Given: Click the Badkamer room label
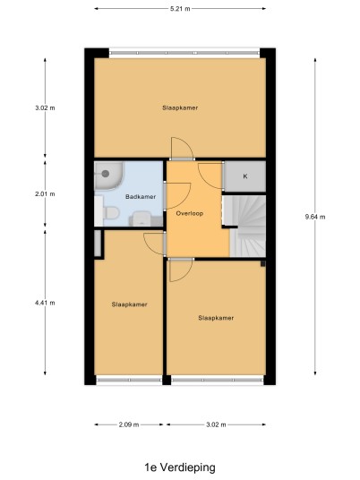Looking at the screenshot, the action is click(141, 196).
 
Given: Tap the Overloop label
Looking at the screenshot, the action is click(190, 213).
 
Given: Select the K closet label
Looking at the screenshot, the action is click(244, 176).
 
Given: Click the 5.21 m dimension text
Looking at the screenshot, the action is click(180, 9).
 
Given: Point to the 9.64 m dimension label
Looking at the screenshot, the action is click(315, 217).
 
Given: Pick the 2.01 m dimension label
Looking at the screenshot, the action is click(45, 193).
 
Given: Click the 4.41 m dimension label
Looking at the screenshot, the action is click(45, 303).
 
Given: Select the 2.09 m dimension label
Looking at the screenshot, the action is click(129, 424).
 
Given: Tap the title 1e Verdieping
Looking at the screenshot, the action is click(180, 467).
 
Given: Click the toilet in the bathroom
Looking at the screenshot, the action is click(111, 213).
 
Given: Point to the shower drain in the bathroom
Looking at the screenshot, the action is click(106, 174).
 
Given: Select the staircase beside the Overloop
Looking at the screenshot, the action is click(247, 226).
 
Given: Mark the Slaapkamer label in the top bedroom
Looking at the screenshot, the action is click(180, 107).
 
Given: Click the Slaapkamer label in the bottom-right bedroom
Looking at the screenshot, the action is click(216, 318).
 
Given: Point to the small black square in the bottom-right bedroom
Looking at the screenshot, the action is click(262, 263).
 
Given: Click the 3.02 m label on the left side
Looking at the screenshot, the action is click(45, 107).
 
